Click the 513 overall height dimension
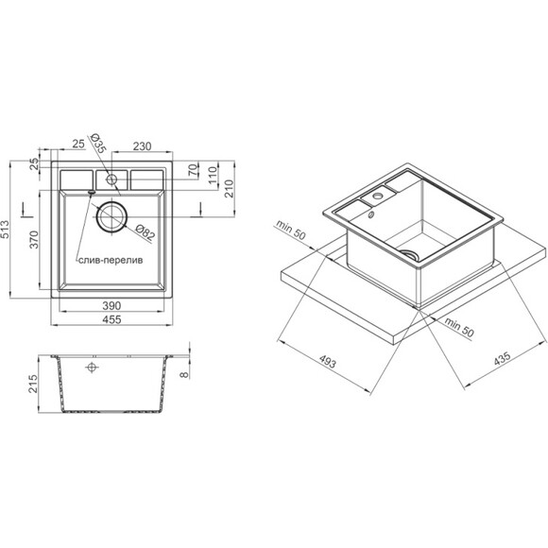6,230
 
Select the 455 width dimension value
111,319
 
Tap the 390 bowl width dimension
111,305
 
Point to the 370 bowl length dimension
34,239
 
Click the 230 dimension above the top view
142,146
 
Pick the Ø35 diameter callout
97,144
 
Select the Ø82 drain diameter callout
145,232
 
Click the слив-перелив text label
111,261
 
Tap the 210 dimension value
229,189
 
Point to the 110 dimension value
213,176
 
